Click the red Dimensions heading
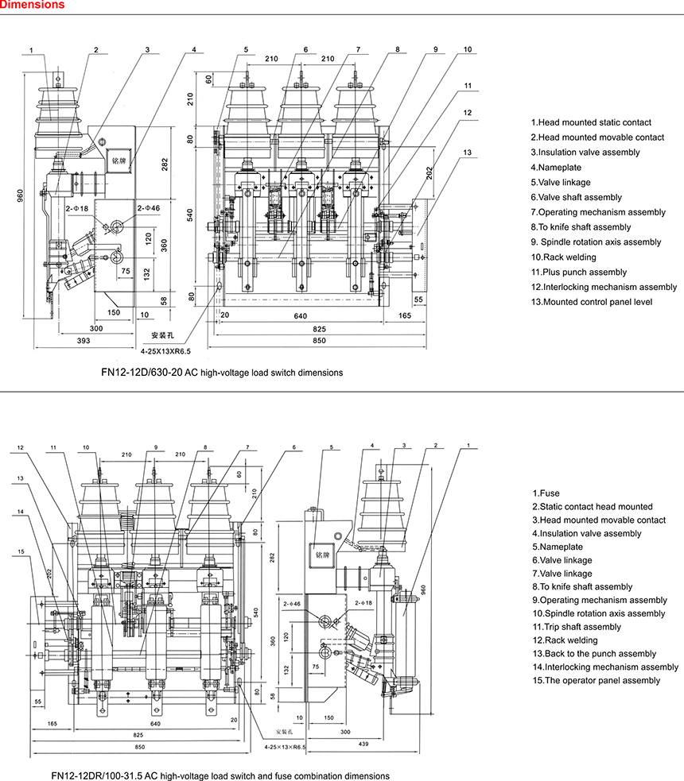click(33, 6)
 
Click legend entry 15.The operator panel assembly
click(596, 680)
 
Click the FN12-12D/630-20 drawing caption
click(221, 372)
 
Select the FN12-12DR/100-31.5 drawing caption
click(220, 775)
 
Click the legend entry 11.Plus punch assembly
click(568, 272)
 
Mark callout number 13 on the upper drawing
click(468, 153)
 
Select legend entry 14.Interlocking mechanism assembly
click(605, 667)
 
